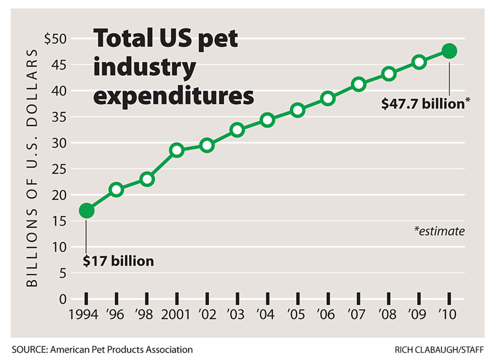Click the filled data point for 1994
click(86, 210)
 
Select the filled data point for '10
click(449, 51)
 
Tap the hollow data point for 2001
click(177, 150)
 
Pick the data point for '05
click(298, 110)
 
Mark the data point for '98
click(147, 179)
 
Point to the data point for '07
click(358, 84)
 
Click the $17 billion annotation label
click(118, 261)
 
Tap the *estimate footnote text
click(439, 231)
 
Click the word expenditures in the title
click(173, 95)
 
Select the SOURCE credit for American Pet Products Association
click(102, 349)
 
